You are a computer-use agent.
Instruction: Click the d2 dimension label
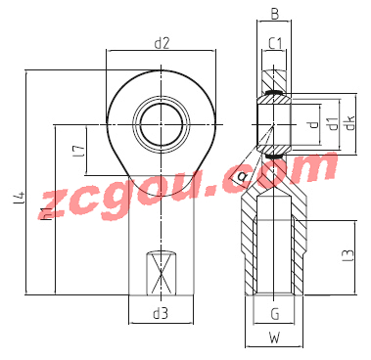(162, 43)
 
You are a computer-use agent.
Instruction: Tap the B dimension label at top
(275, 14)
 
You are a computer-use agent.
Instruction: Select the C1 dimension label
(275, 43)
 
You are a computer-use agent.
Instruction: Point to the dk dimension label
(350, 122)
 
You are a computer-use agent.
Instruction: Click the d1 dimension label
(334, 123)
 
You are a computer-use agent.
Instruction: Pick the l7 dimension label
(80, 151)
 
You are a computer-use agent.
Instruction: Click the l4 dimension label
(20, 198)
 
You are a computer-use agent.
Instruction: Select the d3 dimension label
(161, 314)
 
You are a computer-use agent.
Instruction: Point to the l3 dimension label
(348, 255)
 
